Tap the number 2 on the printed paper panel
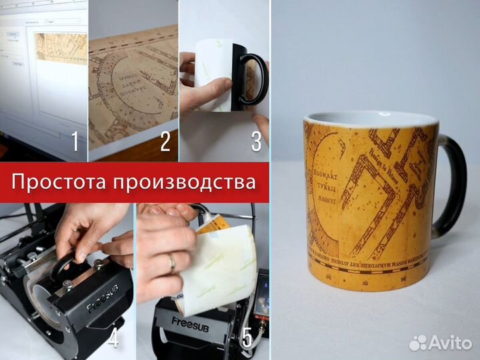pos(165,141)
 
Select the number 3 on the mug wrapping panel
pos(256,141)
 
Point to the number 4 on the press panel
pos(113,338)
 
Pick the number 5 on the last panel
pos(247,338)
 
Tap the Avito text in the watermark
pos(451,343)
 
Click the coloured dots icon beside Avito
pos(419,343)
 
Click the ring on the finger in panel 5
pos(171,263)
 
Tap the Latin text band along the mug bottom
pos(373,257)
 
